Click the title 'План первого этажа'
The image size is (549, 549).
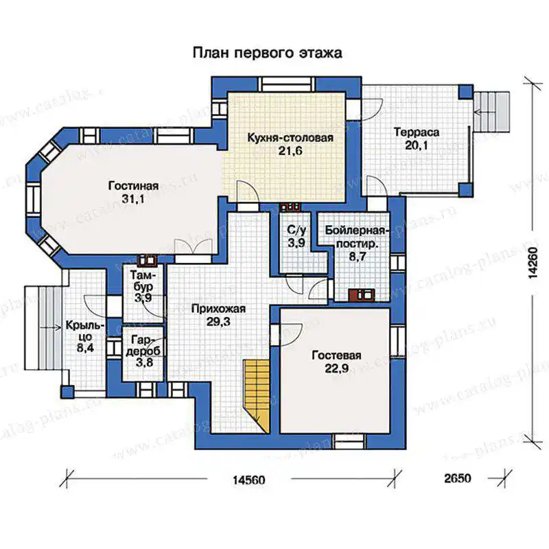[x=267, y=53]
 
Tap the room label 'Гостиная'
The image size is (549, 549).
[x=133, y=185]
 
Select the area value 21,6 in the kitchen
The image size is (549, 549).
[x=290, y=151]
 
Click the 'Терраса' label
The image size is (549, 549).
[x=417, y=132]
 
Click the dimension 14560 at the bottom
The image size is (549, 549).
[x=249, y=479]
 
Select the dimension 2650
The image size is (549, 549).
[x=458, y=478]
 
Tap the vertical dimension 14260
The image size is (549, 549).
[x=533, y=263]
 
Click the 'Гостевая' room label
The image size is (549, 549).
[x=336, y=355]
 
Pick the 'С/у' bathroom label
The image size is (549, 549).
[x=296, y=230]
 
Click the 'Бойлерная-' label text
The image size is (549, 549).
[x=357, y=231]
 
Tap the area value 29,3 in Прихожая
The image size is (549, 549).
[x=218, y=322]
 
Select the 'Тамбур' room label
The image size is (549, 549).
[x=143, y=281]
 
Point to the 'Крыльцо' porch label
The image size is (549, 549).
[x=85, y=331]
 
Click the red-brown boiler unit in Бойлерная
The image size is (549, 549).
[x=362, y=295]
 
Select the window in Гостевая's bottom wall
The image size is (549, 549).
[x=349, y=441]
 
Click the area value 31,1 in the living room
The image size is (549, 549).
[x=133, y=199]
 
